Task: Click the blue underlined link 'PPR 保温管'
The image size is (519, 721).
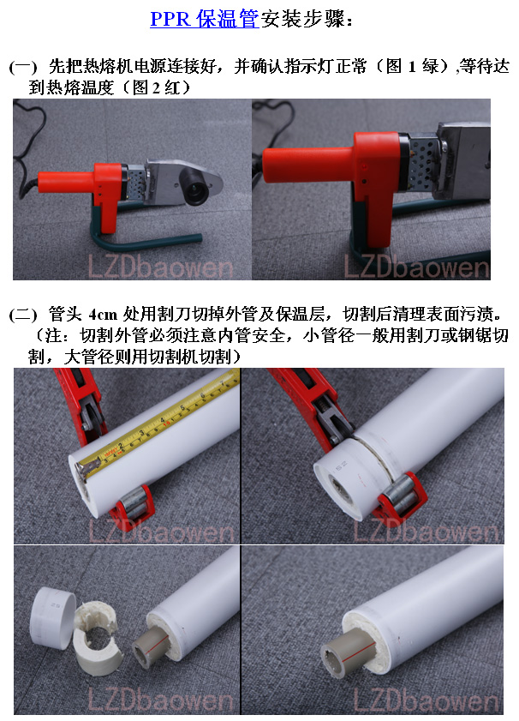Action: point(205,19)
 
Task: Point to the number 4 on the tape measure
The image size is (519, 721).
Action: point(162,420)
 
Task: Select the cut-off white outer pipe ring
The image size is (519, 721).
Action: point(52,617)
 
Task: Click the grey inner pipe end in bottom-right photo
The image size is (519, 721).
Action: point(345,649)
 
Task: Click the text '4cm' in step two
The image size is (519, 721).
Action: point(103,315)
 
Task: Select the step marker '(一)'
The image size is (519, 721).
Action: point(22,67)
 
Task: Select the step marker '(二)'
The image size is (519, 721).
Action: point(22,315)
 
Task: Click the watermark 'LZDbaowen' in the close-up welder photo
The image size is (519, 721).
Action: point(416,267)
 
